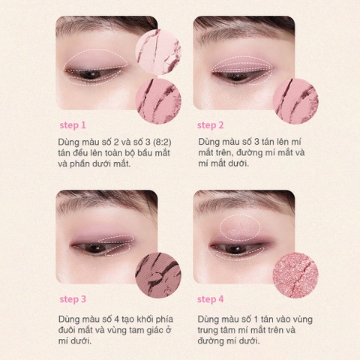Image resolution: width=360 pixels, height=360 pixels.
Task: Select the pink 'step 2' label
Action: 211,125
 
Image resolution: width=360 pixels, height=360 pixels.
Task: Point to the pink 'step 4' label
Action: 211,299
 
